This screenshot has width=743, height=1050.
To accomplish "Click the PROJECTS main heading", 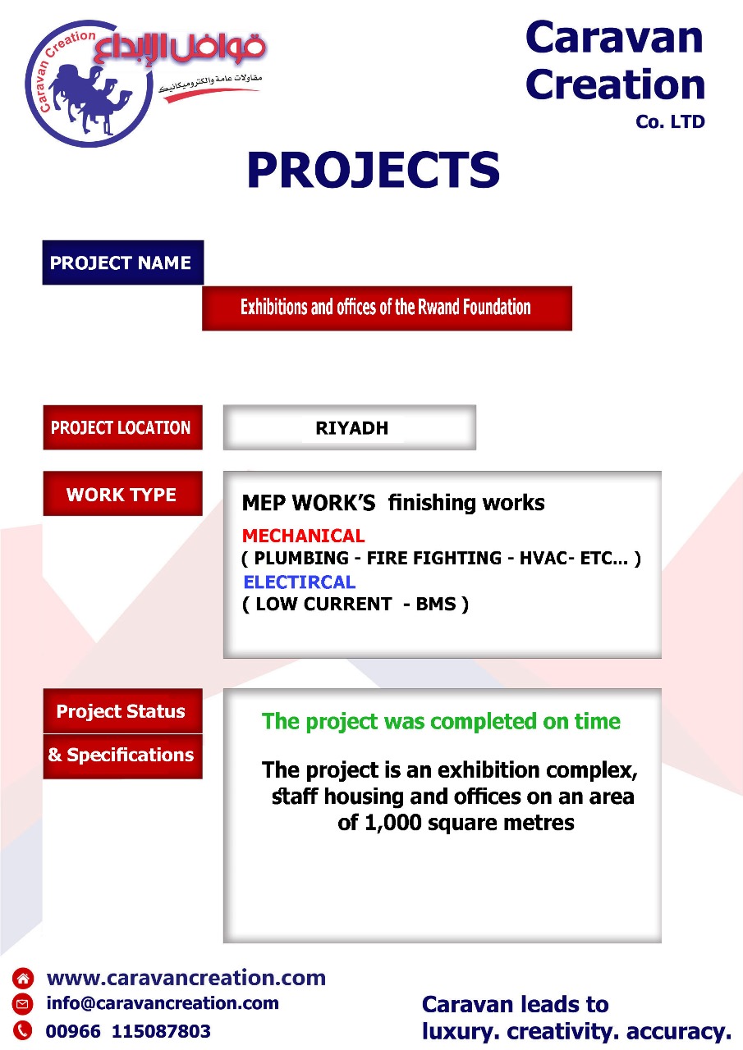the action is coord(374,170).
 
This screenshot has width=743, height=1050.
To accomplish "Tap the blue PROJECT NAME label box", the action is coord(123,262).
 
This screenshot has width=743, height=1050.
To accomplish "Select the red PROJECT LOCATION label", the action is coord(123,427).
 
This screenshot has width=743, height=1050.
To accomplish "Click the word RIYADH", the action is coord(352,428).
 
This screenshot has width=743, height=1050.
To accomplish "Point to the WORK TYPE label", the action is coord(123,494).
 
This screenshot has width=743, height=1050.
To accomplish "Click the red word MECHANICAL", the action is coord(304,536).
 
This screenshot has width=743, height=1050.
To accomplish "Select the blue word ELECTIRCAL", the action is coord(300,582).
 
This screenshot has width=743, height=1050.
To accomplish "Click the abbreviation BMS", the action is coord(436,605).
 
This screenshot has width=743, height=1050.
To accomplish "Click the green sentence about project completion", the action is coord(441,721).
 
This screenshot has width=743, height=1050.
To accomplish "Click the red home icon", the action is coord(22,978).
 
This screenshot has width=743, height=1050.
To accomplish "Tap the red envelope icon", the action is coord(22,1003).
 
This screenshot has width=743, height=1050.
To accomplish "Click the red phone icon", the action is coord(22,1030).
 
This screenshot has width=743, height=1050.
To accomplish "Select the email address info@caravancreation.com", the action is coord(163,1003).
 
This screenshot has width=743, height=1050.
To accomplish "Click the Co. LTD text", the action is coord(670,122).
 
